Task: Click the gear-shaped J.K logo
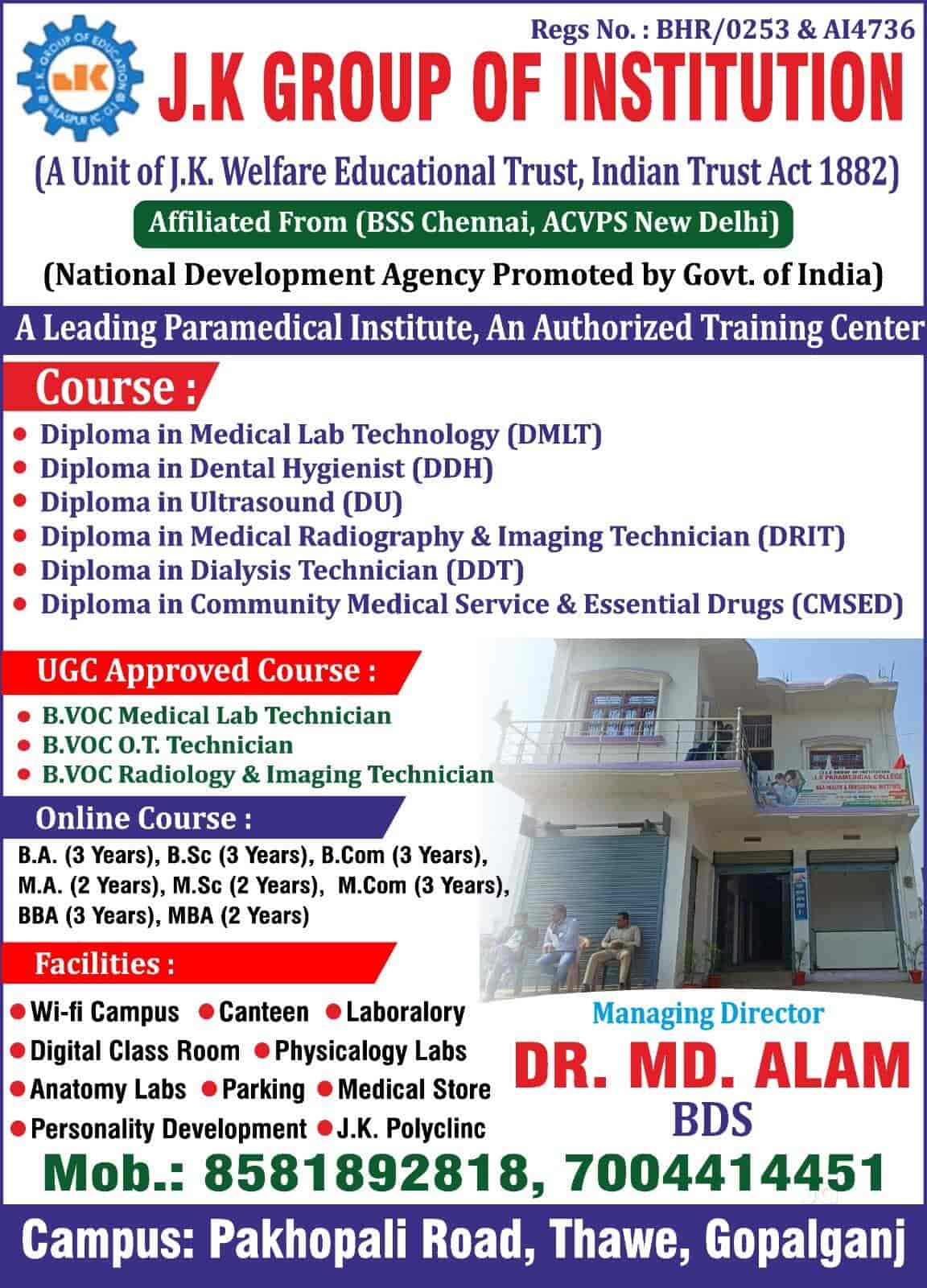tap(80, 79)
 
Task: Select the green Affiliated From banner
tap(463, 224)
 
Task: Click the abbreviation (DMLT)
tap(554, 436)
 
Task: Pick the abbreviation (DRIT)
tap(801, 537)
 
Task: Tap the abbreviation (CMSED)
tap(847, 605)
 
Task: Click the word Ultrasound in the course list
tap(262, 502)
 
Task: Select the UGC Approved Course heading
tap(207, 671)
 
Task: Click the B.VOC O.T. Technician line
tap(167, 745)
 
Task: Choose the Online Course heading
tap(144, 818)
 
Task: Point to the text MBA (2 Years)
tap(238, 915)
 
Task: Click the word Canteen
tap(264, 1013)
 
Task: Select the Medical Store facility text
tap(414, 1089)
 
